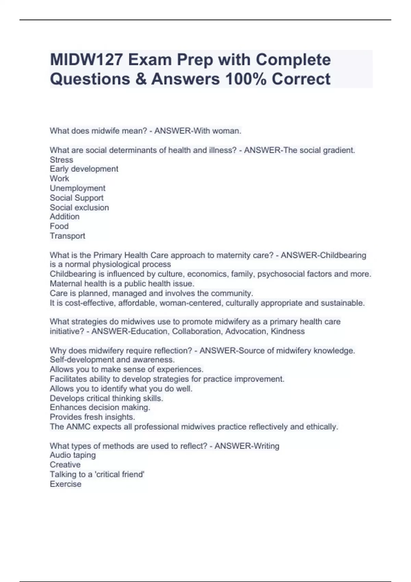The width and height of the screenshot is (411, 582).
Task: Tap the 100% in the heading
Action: (245, 79)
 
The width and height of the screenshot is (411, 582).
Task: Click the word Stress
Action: (61, 160)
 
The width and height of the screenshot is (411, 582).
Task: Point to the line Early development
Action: (84, 169)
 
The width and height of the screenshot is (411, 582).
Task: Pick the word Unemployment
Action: (77, 188)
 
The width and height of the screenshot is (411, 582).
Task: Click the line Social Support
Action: (76, 198)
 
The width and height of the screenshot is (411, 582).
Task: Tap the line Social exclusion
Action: (79, 207)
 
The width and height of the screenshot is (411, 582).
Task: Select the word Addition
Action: (64, 217)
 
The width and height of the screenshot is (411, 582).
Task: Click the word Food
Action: (59, 226)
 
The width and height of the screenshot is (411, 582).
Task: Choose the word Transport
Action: (67, 236)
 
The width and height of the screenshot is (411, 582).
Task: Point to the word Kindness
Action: (287, 331)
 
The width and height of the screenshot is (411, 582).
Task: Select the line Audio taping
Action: (73, 455)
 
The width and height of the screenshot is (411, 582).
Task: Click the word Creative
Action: (65, 465)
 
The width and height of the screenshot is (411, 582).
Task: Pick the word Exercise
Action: (65, 484)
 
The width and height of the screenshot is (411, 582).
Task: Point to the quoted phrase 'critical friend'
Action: (120, 475)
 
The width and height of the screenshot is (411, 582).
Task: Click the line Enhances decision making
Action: (100, 407)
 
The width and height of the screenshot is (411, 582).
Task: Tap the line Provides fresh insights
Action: (92, 417)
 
